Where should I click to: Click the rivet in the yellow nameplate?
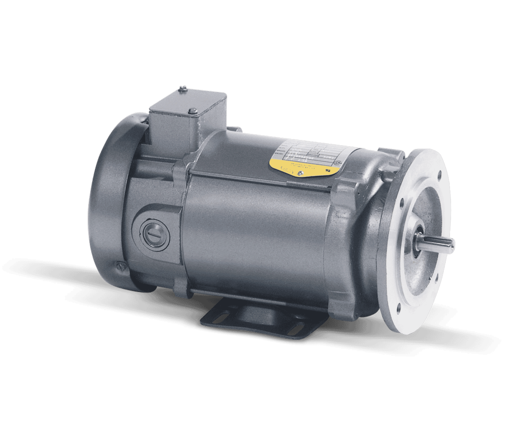point(300,174)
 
